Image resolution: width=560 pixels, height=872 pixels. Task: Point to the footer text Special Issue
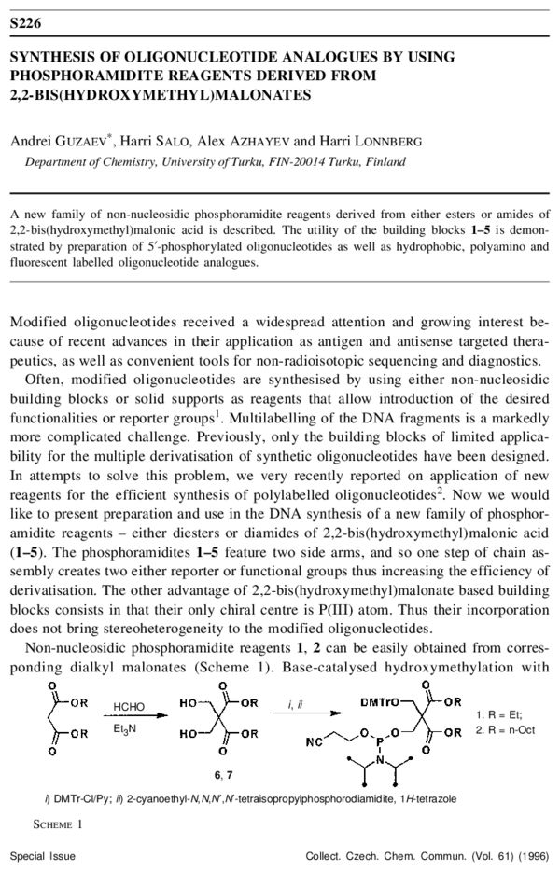pyautogui.click(x=43, y=855)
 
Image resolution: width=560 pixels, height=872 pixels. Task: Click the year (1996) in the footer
pyautogui.click(x=531, y=855)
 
